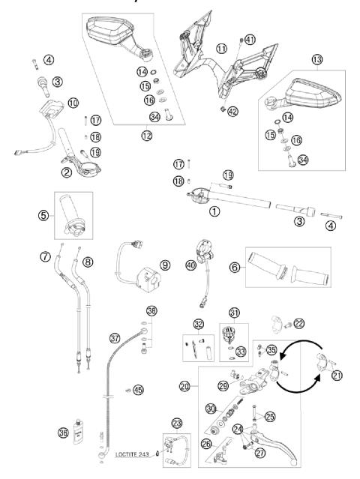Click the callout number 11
(221, 49)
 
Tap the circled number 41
(250, 40)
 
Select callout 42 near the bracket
(232, 111)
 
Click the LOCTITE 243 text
(135, 454)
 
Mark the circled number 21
(325, 375)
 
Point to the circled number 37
(115, 337)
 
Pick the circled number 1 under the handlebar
(215, 211)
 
